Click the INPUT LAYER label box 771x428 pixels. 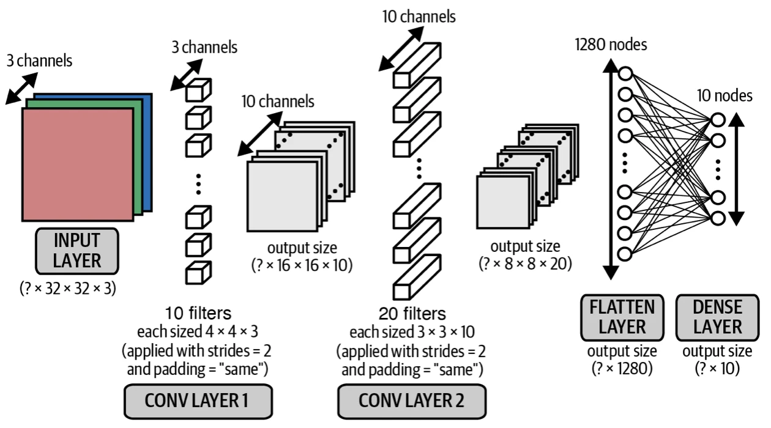[77, 251]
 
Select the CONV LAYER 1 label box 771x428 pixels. [196, 400]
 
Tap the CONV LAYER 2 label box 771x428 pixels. [411, 400]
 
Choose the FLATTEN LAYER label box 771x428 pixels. [622, 317]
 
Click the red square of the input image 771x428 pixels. [77, 164]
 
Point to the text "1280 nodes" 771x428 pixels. [611, 44]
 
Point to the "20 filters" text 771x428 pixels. [412, 314]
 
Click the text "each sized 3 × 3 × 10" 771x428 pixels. [412, 333]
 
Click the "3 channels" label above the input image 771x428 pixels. [40, 61]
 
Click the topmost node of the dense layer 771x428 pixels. [717, 120]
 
